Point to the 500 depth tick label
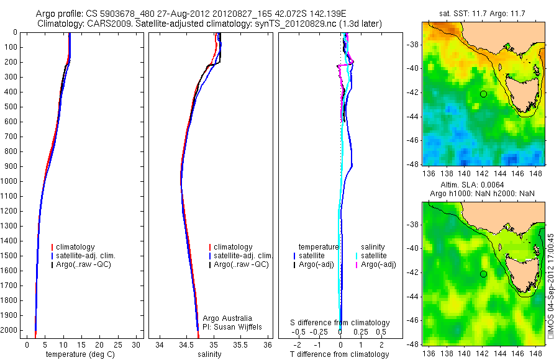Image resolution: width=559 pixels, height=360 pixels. click(11, 107)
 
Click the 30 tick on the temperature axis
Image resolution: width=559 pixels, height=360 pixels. click(137, 344)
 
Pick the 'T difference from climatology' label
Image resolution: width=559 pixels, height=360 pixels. click(340, 354)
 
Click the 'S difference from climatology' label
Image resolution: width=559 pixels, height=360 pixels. click(340, 323)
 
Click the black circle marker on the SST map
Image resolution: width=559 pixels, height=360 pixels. click(483, 94)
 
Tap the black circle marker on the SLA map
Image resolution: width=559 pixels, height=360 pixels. click(483, 274)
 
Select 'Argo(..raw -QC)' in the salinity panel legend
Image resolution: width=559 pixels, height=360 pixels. click(241, 264)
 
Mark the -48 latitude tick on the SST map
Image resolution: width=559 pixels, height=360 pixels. click(412, 165)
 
